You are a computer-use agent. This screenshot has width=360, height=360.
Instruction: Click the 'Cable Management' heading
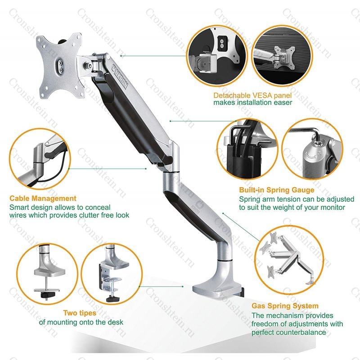[43, 198]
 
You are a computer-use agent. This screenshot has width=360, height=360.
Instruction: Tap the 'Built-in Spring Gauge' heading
[277, 190]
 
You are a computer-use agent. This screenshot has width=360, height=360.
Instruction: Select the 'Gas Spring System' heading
[285, 306]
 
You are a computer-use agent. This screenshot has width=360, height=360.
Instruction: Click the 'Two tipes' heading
[80, 313]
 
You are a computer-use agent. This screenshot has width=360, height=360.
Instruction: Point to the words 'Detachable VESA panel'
[252, 95]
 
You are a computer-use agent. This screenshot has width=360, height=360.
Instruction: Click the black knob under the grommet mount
[47, 295]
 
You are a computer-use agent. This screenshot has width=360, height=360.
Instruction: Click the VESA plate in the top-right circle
[285, 58]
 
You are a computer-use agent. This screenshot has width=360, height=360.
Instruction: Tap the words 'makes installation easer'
[252, 103]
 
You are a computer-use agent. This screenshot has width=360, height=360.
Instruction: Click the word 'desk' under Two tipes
[116, 322]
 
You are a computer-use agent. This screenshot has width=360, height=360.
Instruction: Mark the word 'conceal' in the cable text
[97, 207]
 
